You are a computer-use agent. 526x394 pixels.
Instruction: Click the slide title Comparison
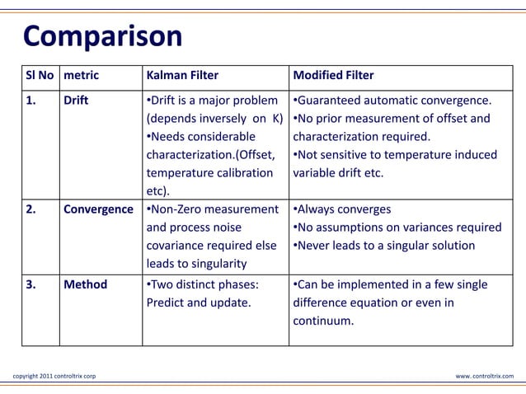[x=102, y=37]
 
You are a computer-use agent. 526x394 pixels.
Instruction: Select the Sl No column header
[x=40, y=75]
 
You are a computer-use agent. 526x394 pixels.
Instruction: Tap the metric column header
[x=81, y=75]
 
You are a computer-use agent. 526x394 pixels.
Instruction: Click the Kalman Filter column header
[x=182, y=75]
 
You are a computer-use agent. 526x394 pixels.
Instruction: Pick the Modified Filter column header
[x=333, y=75]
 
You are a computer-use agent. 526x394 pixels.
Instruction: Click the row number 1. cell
[x=31, y=101]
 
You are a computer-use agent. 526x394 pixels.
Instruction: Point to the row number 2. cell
[x=31, y=209]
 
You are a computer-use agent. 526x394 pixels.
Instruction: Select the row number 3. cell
[x=31, y=284]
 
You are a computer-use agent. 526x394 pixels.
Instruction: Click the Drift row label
[x=76, y=101]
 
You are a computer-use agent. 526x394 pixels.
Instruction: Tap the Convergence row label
[x=98, y=209]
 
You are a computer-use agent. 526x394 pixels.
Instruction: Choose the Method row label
[x=85, y=284]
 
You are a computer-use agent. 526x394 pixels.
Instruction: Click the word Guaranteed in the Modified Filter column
[x=334, y=101]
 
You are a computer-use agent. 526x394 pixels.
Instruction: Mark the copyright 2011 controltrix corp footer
[x=54, y=376]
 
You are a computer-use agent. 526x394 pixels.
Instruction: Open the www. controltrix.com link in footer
[x=484, y=376]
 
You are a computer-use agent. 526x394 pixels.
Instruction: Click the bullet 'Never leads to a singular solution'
[x=384, y=246]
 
